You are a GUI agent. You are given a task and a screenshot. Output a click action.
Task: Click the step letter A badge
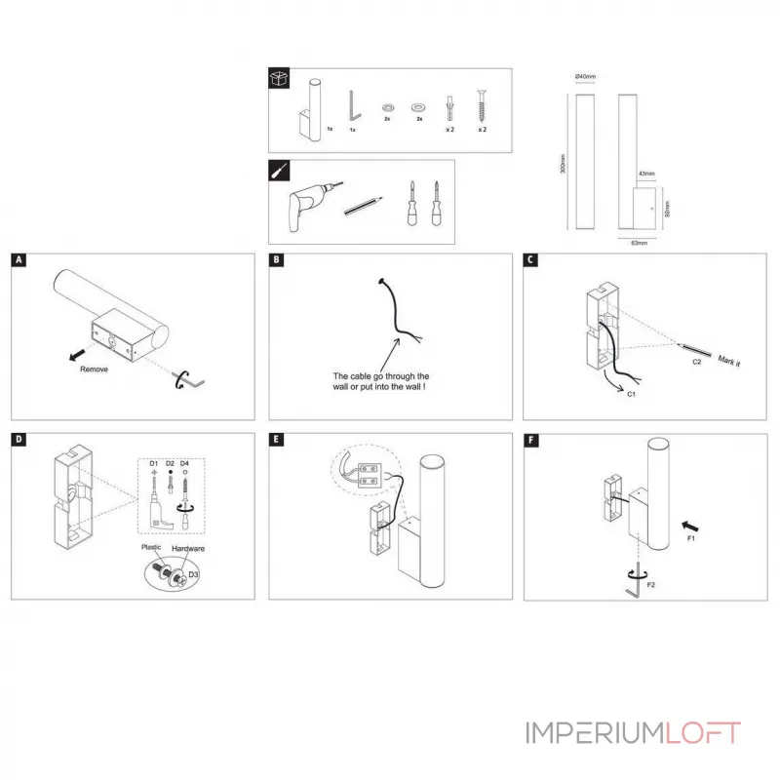(x=19, y=260)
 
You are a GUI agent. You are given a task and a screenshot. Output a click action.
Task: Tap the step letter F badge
(x=531, y=441)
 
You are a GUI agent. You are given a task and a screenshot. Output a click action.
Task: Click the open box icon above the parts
(x=281, y=81)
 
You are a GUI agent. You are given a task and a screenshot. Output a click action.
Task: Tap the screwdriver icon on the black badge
(x=281, y=171)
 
